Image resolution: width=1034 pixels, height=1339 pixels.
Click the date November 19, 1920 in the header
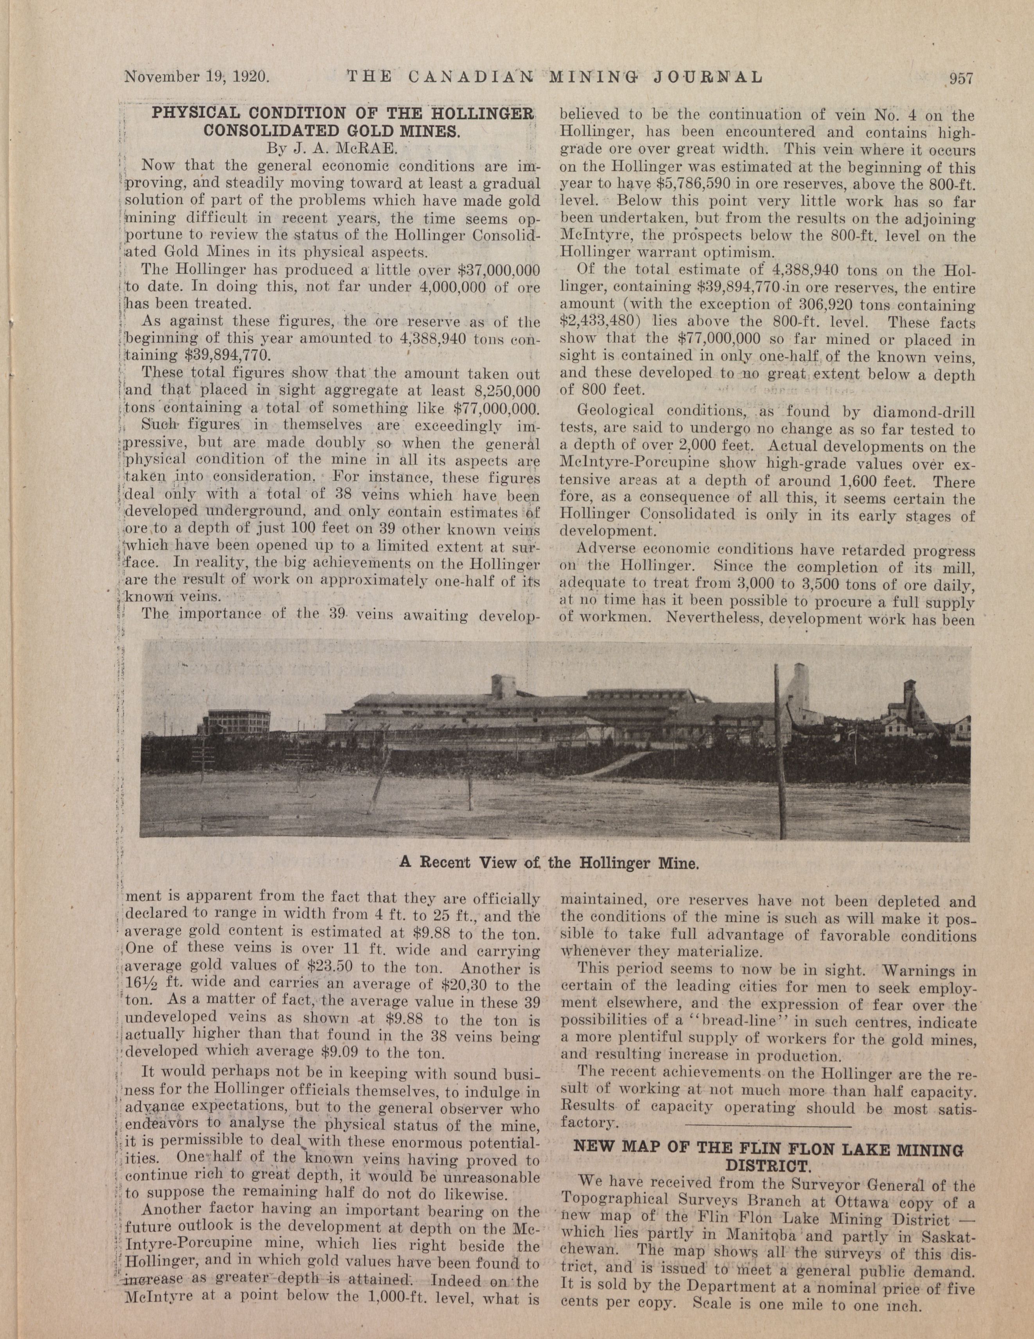[197, 77]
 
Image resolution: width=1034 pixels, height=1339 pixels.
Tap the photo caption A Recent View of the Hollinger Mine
[549, 863]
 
